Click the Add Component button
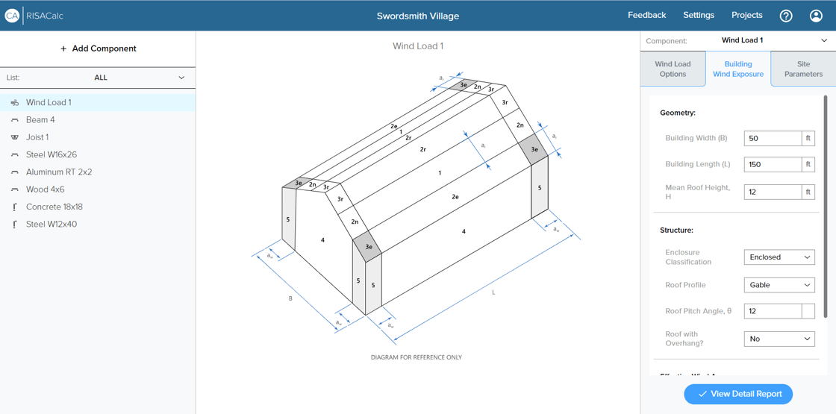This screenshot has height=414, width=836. click(98, 48)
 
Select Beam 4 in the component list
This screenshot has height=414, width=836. click(40, 120)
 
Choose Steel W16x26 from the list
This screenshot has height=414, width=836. click(51, 154)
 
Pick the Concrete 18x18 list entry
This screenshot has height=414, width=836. click(54, 207)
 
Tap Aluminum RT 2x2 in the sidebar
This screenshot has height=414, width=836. click(58, 172)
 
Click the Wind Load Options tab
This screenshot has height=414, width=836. click(673, 69)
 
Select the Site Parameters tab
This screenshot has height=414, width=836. click(803, 69)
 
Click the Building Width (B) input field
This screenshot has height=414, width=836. click(773, 139)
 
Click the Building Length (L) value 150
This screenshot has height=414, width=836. click(773, 164)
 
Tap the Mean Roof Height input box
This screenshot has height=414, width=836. click(773, 192)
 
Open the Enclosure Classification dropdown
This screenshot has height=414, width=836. click(779, 257)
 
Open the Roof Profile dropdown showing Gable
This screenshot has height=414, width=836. click(779, 285)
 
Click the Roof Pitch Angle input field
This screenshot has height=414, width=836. click(773, 311)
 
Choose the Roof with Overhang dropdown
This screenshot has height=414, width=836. click(779, 339)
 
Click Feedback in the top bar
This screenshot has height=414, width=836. click(646, 15)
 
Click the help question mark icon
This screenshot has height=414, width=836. click(786, 16)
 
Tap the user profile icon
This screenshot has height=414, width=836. click(817, 16)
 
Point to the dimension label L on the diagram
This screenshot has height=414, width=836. click(493, 292)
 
